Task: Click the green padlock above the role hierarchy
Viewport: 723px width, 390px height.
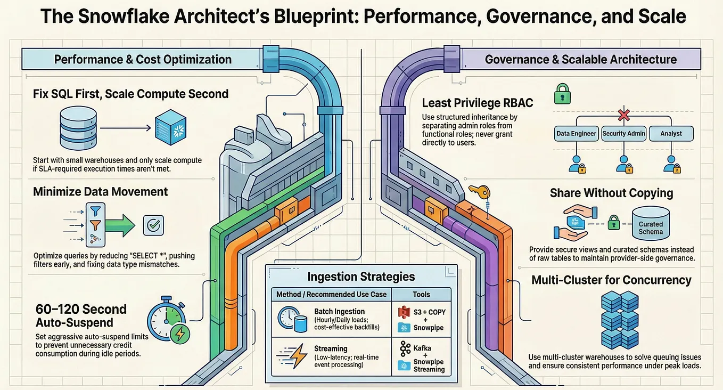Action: (562, 94)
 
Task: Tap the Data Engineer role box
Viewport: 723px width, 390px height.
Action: (576, 133)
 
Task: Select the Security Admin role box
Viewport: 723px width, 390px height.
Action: (623, 133)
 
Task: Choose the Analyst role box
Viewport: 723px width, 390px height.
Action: (671, 133)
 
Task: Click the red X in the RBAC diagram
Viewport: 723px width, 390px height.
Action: (623, 115)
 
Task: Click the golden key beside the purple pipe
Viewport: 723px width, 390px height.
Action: (480, 192)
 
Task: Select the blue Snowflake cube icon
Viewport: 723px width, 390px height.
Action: (170, 127)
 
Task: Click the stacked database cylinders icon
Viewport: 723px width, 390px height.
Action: (78, 128)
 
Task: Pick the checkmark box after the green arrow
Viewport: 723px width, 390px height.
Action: (153, 225)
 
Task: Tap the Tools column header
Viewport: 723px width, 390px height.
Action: (421, 294)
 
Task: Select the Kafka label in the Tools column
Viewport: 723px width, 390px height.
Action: (422, 348)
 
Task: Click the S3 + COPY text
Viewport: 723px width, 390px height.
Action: (429, 312)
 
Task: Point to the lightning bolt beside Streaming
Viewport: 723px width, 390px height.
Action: (297, 356)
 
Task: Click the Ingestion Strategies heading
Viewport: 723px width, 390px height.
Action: (361, 277)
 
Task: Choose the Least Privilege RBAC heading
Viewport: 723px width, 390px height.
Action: (478, 103)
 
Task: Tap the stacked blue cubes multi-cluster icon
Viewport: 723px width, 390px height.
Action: (620, 320)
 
